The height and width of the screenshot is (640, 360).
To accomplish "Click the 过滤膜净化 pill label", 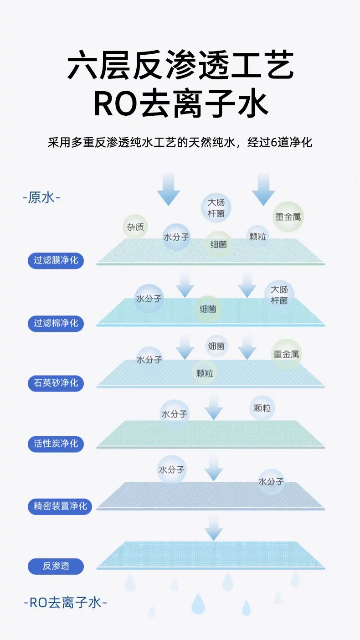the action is click(56, 260).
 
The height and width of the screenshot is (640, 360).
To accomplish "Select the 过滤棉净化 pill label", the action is click(56, 323).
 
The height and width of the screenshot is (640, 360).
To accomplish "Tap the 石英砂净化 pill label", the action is click(56, 383).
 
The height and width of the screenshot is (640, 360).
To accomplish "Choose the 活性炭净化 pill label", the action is click(56, 444).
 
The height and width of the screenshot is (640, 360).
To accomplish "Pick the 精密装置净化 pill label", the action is click(60, 506).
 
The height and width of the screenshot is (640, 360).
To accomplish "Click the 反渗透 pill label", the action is click(56, 566).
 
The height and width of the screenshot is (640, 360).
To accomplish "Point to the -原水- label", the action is click(41, 197).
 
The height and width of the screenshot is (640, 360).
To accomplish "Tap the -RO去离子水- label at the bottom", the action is click(66, 603).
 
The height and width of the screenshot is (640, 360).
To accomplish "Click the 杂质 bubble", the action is click(135, 227).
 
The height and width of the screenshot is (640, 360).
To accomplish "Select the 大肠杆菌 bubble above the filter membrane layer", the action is click(216, 208).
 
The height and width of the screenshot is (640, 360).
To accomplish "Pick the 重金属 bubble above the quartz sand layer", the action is click(286, 354).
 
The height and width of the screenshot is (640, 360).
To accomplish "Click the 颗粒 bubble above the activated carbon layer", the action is click(262, 408).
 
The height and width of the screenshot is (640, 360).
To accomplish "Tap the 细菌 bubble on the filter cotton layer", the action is click(208, 309).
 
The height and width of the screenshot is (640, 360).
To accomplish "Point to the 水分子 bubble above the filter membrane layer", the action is click(176, 237).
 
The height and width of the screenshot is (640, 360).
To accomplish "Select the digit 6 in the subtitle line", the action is click(274, 142).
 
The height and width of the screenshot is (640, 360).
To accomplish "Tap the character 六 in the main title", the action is click(82, 65).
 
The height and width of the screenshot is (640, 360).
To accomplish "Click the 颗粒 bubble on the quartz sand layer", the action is click(205, 373).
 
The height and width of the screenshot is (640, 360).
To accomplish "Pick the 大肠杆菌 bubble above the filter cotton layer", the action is click(279, 295).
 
